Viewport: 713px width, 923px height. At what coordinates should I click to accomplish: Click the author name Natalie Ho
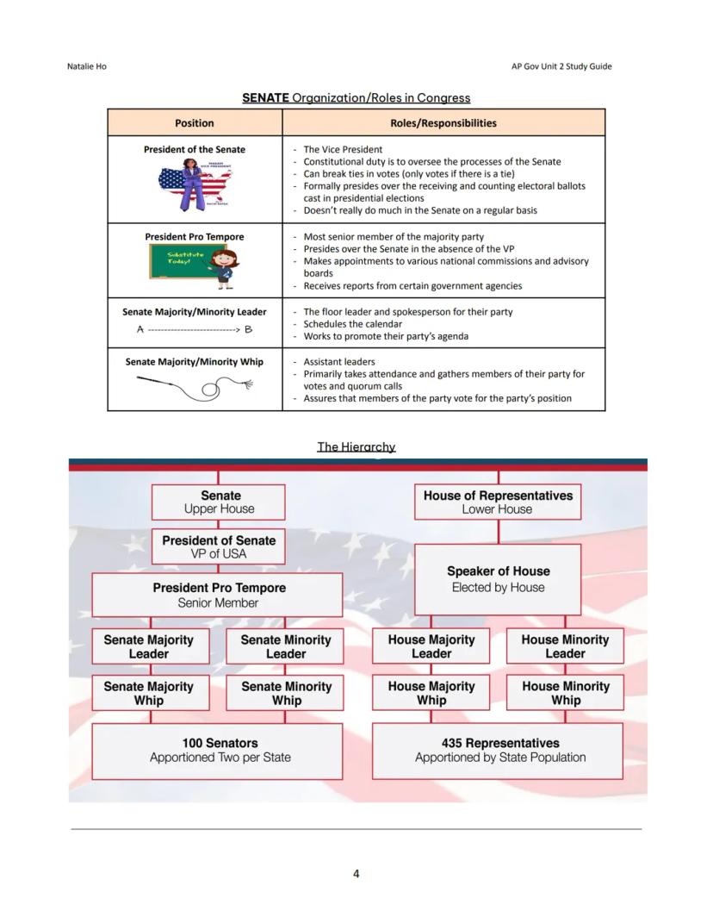pos(86,66)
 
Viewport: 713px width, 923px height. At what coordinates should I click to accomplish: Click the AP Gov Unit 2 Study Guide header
pos(561,66)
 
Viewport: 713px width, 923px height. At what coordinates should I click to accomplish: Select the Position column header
pos(195,122)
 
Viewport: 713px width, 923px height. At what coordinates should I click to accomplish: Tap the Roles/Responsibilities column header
pos(443,122)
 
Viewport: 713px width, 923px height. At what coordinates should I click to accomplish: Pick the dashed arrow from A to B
pos(195,329)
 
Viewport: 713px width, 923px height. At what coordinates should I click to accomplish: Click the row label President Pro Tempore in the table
pos(195,237)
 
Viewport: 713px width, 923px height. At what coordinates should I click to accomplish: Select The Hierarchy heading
pos(356,446)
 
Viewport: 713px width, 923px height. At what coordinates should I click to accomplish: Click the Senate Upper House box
pos(219,502)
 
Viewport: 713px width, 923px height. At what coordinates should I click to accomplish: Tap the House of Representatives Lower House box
pos(498,502)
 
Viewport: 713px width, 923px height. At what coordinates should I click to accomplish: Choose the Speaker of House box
pos(498,579)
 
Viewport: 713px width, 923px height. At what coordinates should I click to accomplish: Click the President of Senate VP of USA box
pos(219,547)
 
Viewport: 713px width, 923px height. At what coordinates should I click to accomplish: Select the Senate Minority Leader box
pos(285,646)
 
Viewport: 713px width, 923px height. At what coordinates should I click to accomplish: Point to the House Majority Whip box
pos(431,693)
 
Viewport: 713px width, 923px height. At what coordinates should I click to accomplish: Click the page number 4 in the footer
pos(356,874)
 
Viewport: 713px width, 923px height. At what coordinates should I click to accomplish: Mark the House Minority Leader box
pos(565,646)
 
